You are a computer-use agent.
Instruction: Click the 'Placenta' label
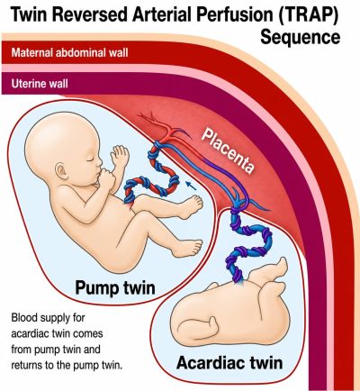(x=228, y=150)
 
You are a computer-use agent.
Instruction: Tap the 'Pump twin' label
(x=115, y=287)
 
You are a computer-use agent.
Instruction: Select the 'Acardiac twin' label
(x=229, y=362)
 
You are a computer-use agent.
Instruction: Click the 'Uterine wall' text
(x=40, y=83)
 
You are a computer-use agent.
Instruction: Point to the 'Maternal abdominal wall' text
(x=70, y=53)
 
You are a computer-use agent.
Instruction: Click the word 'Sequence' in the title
(x=301, y=37)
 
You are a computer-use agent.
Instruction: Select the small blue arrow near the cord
(x=191, y=186)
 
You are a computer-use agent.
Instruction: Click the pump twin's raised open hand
(x=120, y=156)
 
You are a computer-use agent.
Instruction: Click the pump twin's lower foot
(x=190, y=247)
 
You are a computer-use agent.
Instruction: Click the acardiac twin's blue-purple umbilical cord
(x=249, y=243)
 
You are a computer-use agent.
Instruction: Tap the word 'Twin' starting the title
(x=29, y=15)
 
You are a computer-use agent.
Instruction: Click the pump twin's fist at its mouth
(x=104, y=178)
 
